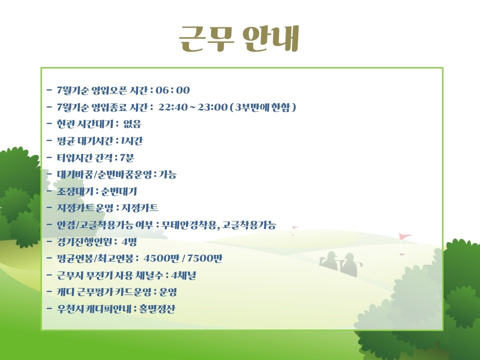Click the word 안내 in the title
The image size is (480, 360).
pyautogui.click(x=270, y=38)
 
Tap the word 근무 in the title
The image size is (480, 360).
pyautogui.click(x=206, y=38)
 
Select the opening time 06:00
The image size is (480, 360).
pyautogui.click(x=172, y=90)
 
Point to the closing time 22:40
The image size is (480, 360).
pyautogui.click(x=172, y=107)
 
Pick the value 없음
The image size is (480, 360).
pyautogui.click(x=132, y=124)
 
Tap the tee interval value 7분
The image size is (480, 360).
pyautogui.click(x=126, y=157)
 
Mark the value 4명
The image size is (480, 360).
pyautogui.click(x=129, y=242)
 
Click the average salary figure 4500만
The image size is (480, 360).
pyautogui.click(x=161, y=258)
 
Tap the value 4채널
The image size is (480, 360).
pyautogui.click(x=183, y=275)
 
